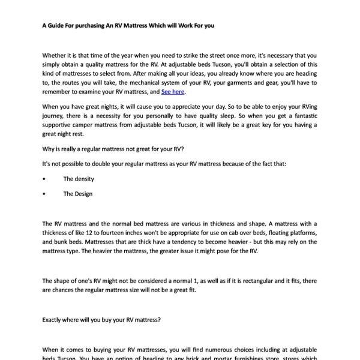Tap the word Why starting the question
49,148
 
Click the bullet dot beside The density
44,179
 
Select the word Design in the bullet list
83,194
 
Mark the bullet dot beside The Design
44,194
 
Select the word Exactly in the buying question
54,320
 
